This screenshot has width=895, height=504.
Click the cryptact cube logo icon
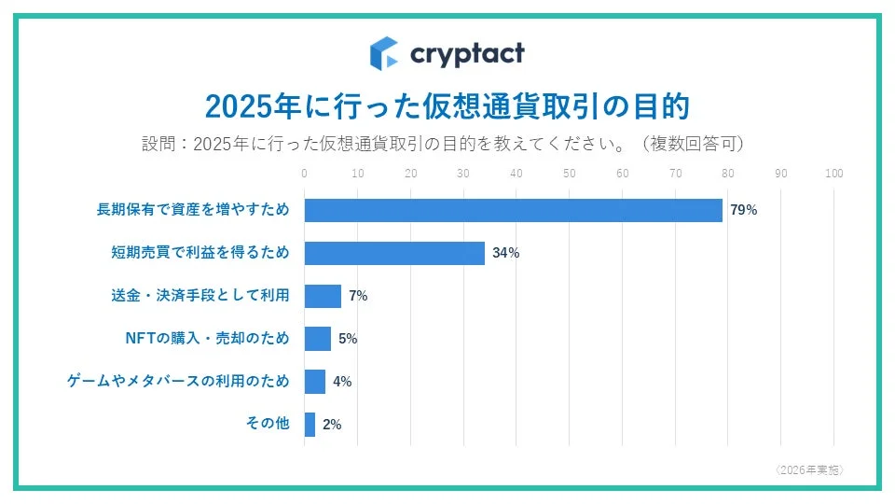pos(384,53)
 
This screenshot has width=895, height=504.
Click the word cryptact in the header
pos(467,53)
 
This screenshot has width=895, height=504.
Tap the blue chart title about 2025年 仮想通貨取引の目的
pos(447,105)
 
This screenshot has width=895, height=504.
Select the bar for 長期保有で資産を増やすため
pos(514,210)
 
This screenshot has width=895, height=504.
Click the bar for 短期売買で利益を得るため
pos(394,253)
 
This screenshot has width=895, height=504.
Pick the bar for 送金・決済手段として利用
pos(323,296)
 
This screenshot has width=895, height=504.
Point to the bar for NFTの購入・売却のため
pos(318,339)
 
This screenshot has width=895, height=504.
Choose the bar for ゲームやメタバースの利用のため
pos(315,382)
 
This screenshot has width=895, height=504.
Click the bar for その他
pos(310,425)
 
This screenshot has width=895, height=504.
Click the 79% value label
pos(743,210)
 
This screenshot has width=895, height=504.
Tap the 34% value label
pos(505,253)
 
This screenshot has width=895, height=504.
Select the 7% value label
pos(358,296)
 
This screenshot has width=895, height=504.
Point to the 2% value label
pos(332,425)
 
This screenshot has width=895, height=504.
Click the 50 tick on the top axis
pos(570,174)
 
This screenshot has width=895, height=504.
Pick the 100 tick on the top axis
pos(834,174)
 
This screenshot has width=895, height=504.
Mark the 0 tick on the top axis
pos(305,174)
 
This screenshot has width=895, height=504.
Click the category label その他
pos(268,424)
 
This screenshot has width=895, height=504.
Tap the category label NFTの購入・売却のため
pos(207,338)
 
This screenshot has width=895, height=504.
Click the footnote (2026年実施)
pos(809,469)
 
